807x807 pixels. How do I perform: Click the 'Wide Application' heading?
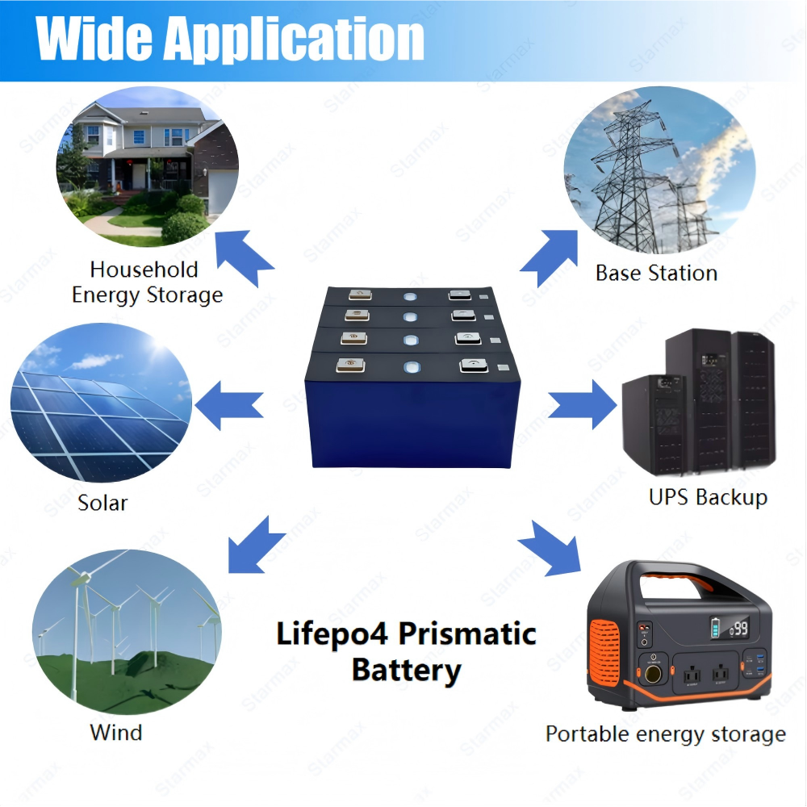[231, 39]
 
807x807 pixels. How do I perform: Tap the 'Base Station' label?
[656, 273]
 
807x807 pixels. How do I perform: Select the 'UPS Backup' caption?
[708, 496]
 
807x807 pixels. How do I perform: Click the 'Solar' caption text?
[102, 503]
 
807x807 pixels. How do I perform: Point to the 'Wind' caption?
[115, 733]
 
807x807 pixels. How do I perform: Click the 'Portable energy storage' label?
[665, 734]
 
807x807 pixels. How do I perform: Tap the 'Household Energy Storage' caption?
[147, 282]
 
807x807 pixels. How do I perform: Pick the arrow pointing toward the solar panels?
[232, 402]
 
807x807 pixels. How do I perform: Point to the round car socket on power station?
[650, 671]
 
